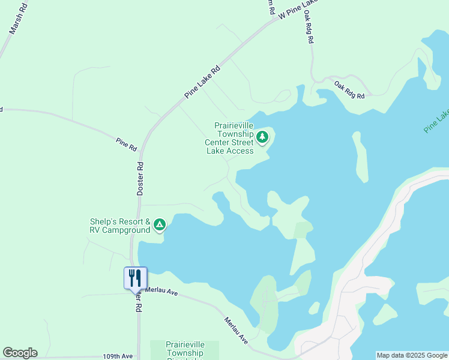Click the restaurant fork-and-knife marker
click(135, 278)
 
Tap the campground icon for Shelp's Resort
click(159, 225)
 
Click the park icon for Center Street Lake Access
click(262, 138)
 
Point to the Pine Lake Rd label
click(202, 82)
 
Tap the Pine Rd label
click(127, 144)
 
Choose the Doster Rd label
click(140, 178)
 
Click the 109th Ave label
click(117, 356)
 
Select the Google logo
click(20, 353)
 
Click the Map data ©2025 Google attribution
click(412, 355)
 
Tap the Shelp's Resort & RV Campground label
click(120, 226)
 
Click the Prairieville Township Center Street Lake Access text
click(230, 139)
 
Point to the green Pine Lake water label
click(436, 121)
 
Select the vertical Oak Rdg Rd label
click(309, 28)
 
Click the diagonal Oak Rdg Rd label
click(349, 90)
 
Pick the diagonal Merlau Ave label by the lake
click(236, 330)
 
